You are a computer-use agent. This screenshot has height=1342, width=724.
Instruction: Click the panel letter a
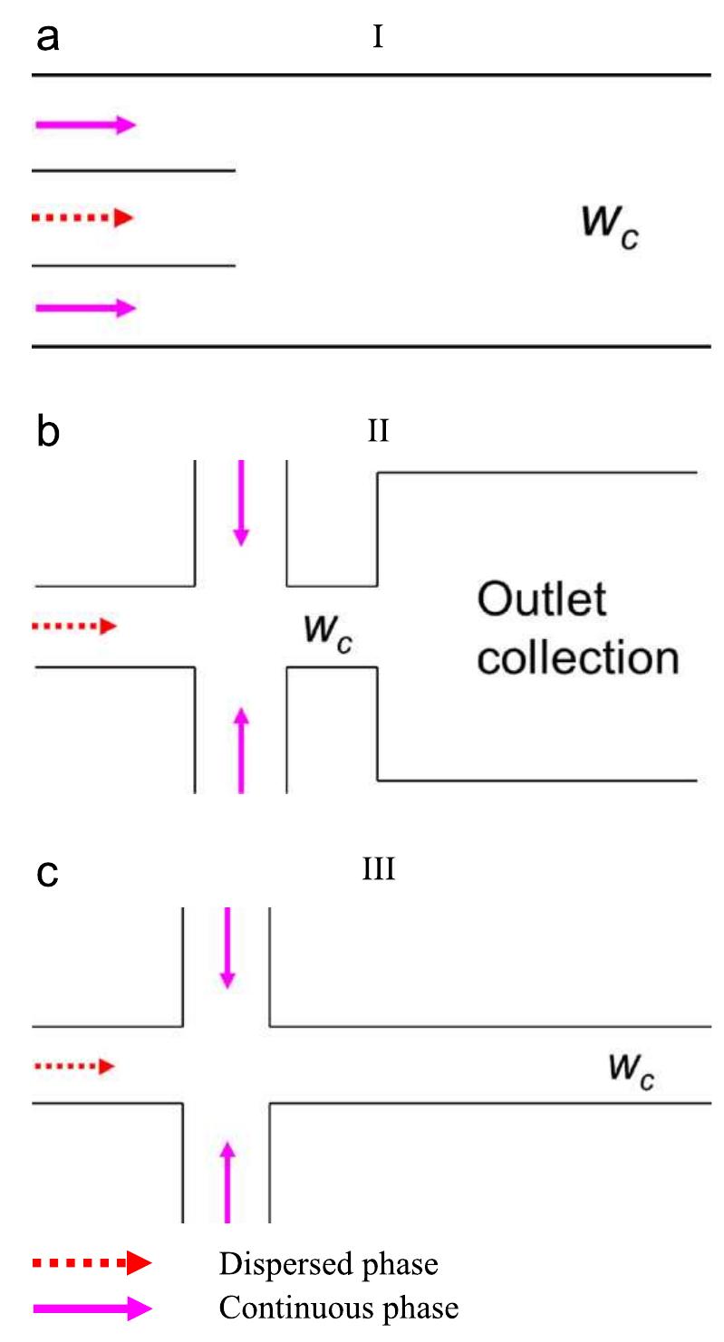[48, 40]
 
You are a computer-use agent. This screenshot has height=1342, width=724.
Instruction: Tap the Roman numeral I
[378, 39]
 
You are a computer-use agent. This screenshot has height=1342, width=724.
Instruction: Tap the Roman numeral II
[378, 432]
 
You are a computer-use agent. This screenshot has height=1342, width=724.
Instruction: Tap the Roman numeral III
[378, 871]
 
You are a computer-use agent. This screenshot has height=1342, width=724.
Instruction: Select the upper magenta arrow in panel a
[84, 125]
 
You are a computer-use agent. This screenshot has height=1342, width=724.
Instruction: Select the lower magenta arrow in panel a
[84, 308]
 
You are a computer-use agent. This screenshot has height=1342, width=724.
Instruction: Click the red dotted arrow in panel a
[82, 217]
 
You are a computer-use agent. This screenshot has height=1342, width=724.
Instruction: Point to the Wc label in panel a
[613, 223]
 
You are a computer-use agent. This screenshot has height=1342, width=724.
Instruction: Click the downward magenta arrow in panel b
[240, 503]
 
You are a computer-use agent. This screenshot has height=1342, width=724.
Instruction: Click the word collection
[578, 658]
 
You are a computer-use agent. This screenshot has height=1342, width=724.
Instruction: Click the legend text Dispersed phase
[328, 1264]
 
